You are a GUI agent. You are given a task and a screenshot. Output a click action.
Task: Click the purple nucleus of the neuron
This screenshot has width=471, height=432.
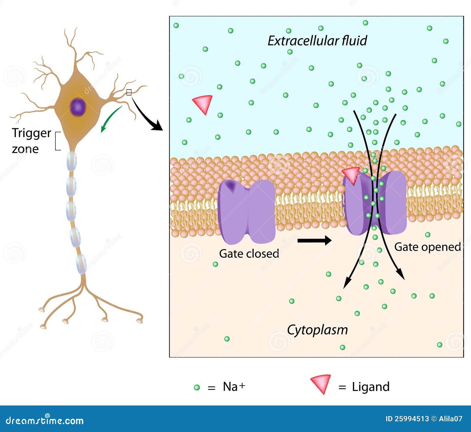(78, 107)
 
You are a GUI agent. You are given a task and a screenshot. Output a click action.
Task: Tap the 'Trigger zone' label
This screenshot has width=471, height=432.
(31, 141)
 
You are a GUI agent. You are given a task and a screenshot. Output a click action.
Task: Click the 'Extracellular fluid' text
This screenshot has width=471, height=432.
(317, 41)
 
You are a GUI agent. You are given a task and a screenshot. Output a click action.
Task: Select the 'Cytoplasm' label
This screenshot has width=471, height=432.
(317, 330)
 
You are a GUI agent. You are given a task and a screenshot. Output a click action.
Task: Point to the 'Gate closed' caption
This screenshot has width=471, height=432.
(249, 254)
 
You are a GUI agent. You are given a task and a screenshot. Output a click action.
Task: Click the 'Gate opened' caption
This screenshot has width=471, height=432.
(427, 247)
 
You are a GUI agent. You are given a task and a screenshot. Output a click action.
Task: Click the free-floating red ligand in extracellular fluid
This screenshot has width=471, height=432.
(203, 103)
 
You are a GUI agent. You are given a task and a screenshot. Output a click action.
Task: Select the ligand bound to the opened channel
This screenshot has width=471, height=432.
(351, 174)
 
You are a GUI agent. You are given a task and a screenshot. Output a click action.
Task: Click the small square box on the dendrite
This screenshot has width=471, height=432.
(129, 92)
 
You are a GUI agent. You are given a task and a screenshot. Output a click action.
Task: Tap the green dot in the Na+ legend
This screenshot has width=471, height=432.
(197, 388)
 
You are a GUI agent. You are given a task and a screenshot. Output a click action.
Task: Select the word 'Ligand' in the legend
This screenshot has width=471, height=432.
(371, 387)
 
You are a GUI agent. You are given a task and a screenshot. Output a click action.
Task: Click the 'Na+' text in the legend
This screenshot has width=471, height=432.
(234, 387)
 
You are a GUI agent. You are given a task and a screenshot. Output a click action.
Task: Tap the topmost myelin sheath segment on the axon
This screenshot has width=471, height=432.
(72, 161)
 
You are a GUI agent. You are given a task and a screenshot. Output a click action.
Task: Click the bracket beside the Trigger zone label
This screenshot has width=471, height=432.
(57, 141)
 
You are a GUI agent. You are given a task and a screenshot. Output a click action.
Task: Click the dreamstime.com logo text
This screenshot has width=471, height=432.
(45, 421)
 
